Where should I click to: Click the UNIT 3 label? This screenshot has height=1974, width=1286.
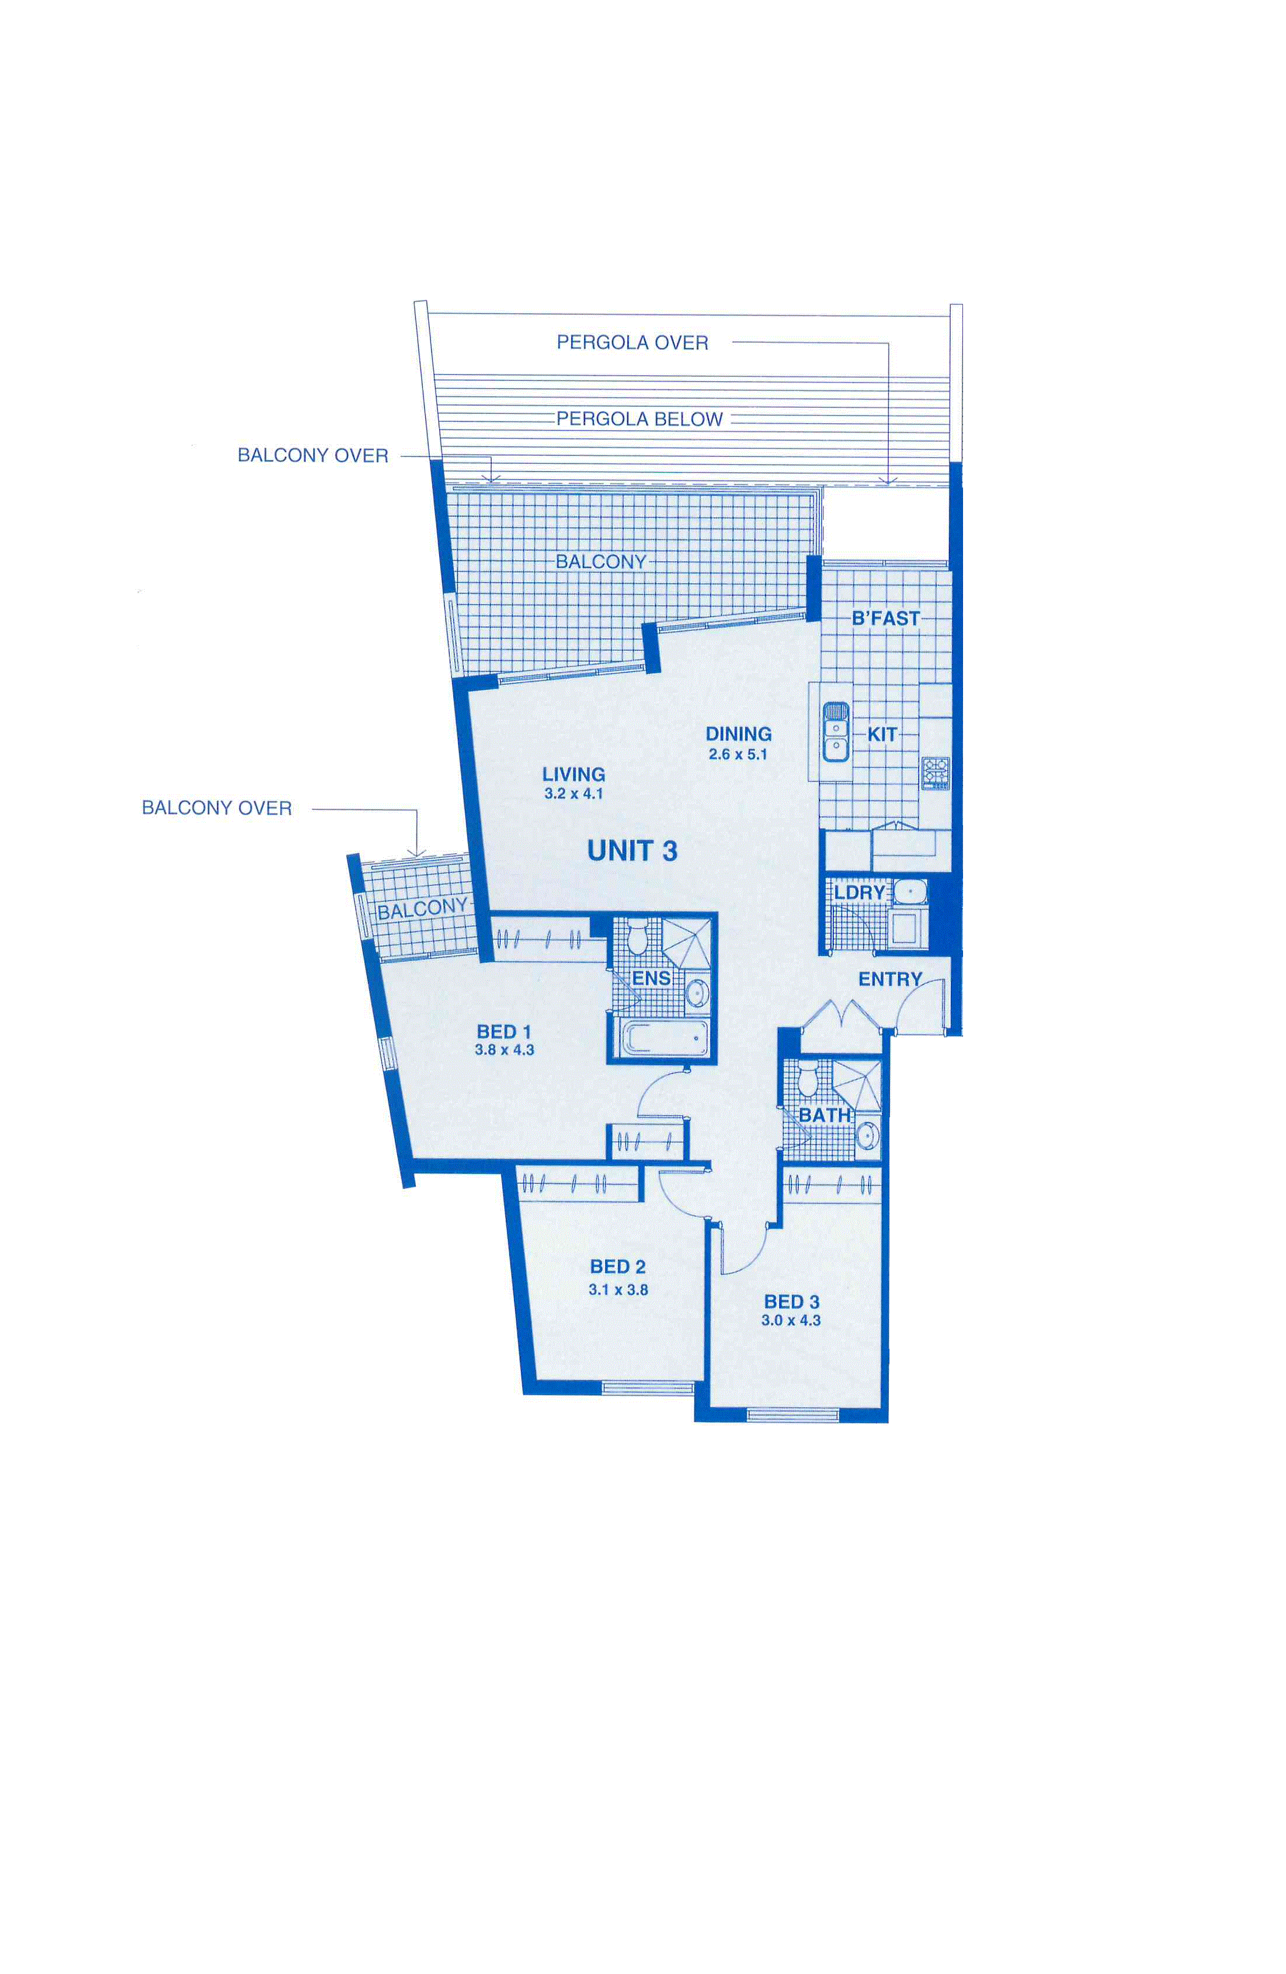coord(632,851)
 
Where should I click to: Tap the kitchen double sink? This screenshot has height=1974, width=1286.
coord(835,732)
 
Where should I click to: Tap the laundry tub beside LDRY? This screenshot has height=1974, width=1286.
coord(909,892)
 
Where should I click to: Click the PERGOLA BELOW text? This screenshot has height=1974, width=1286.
coord(639,420)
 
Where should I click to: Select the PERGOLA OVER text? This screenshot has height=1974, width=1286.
coord(632,342)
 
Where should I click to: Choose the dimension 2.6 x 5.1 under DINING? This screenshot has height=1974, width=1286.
coord(738,755)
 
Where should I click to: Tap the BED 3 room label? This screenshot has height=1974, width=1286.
coord(792,1302)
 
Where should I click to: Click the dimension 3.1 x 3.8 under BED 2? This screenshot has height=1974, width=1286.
coord(618,1290)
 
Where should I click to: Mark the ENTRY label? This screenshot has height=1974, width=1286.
coord(889,979)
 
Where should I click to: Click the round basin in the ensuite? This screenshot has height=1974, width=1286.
coord(697,992)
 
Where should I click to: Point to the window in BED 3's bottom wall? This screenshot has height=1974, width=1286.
coord(792,1414)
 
